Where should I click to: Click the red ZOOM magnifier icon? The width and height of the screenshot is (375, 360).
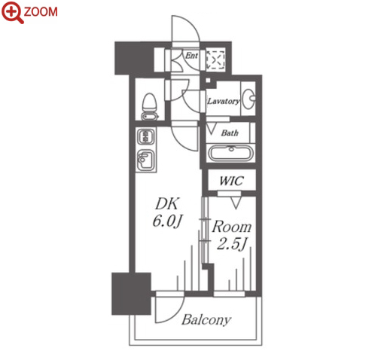(12, 12)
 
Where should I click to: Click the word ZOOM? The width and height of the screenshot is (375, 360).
(41, 12)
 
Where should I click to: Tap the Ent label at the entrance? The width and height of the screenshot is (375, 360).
(191, 56)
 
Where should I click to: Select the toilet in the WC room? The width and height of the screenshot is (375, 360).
(150, 107)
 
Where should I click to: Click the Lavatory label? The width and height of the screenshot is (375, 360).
(224, 101)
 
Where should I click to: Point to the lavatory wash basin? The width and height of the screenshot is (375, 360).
(249, 99)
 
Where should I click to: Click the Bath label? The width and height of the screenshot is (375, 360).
(230, 133)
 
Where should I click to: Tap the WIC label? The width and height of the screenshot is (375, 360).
(231, 181)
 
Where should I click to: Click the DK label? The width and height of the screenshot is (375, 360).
(167, 203)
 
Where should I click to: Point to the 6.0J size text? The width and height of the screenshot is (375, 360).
(167, 221)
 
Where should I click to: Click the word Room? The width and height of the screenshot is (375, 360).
(231, 227)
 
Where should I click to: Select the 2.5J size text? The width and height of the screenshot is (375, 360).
(231, 244)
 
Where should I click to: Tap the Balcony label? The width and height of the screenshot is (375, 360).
(206, 320)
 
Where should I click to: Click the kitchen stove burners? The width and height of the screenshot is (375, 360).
(145, 137)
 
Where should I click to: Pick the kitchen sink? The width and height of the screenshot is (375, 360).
(146, 160)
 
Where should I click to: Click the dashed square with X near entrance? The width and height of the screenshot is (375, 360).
(215, 59)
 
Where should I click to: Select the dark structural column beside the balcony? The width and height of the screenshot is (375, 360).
(131, 294)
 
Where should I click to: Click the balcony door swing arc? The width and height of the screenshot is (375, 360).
(175, 316)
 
